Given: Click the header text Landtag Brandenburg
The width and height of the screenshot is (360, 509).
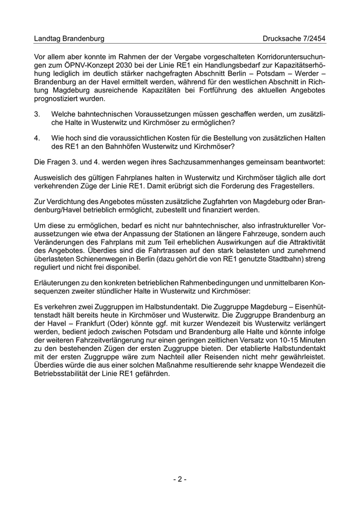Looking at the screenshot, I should pos(69,39).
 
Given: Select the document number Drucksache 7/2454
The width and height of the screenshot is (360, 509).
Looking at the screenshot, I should pos(294,39).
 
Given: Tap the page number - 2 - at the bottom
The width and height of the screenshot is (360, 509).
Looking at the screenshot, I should pos(179,479).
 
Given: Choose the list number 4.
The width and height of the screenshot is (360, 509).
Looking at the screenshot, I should pos(37,138).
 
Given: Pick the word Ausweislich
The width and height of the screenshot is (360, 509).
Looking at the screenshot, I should pos(53,177).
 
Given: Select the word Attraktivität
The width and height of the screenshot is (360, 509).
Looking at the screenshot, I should pos(304,242).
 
